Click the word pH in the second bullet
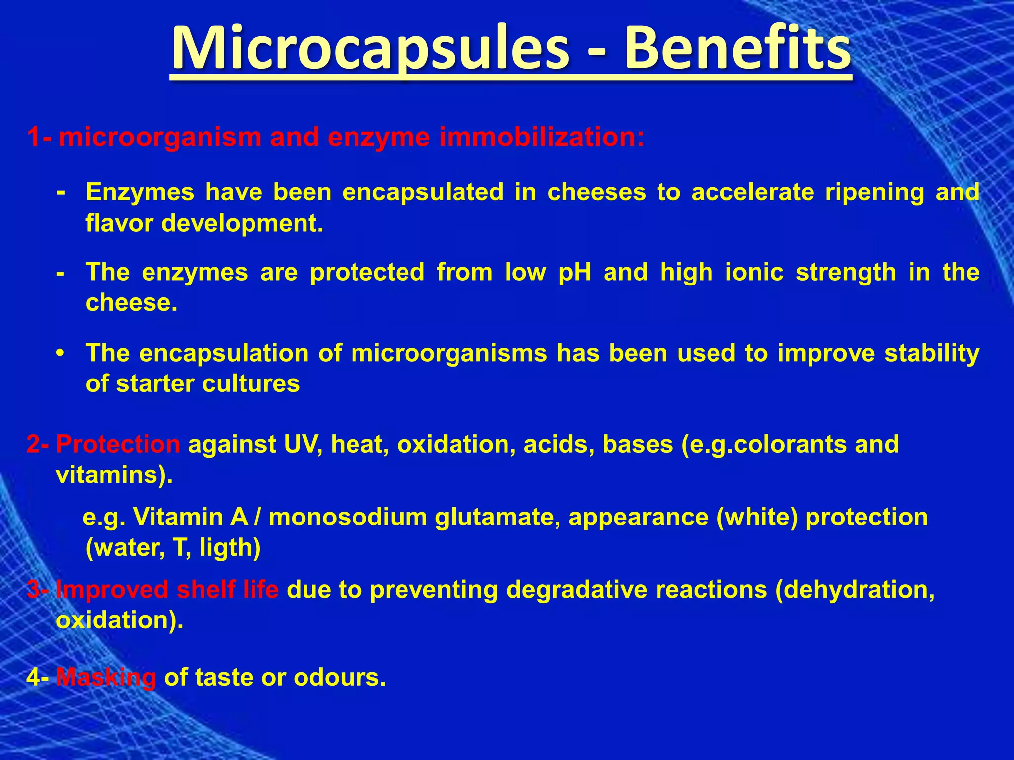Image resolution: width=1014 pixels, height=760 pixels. pos(575,272)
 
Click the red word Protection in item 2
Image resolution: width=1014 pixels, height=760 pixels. pos(118,444)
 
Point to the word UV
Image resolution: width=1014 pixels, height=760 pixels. pos(303,444)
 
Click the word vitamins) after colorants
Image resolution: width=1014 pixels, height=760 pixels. pos(114,475)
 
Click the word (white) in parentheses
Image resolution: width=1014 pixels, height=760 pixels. pos(757,518)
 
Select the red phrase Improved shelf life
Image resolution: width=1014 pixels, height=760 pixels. pos(167,590)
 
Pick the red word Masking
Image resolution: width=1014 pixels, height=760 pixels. pos(106,677)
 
